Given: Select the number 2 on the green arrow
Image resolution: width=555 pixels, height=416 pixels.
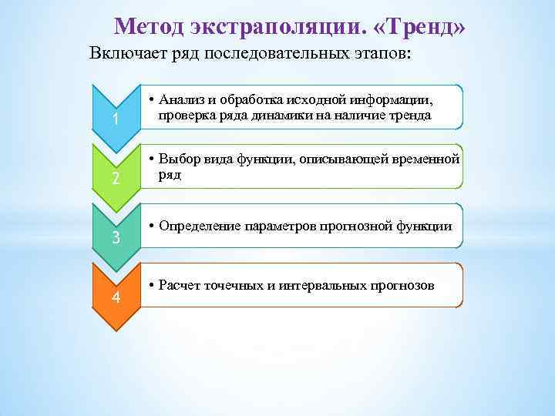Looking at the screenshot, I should tap(115, 179).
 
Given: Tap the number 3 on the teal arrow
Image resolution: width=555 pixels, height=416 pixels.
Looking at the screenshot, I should tap(115, 237).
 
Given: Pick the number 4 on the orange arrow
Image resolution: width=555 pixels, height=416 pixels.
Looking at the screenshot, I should tap(115, 297).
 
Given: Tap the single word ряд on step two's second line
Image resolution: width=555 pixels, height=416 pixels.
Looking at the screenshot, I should tap(170, 175).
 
